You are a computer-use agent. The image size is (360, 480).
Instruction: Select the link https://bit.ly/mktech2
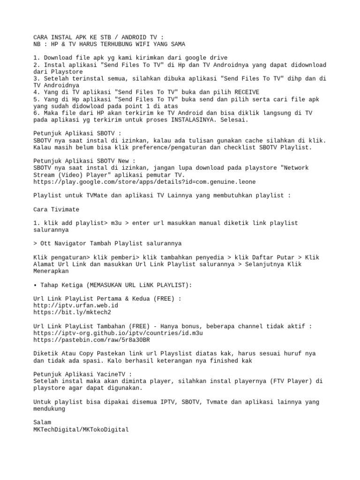73,312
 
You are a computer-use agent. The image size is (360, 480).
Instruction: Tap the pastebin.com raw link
92,339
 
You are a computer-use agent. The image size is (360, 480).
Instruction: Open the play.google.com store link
145,181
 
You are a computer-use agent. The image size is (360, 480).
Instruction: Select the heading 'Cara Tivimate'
57,209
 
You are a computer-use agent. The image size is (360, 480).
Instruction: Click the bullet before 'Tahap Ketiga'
36,285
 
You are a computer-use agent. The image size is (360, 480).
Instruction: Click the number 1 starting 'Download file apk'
36,58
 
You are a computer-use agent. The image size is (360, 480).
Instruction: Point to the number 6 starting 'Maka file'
36,113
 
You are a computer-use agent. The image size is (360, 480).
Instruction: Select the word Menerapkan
51,271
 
